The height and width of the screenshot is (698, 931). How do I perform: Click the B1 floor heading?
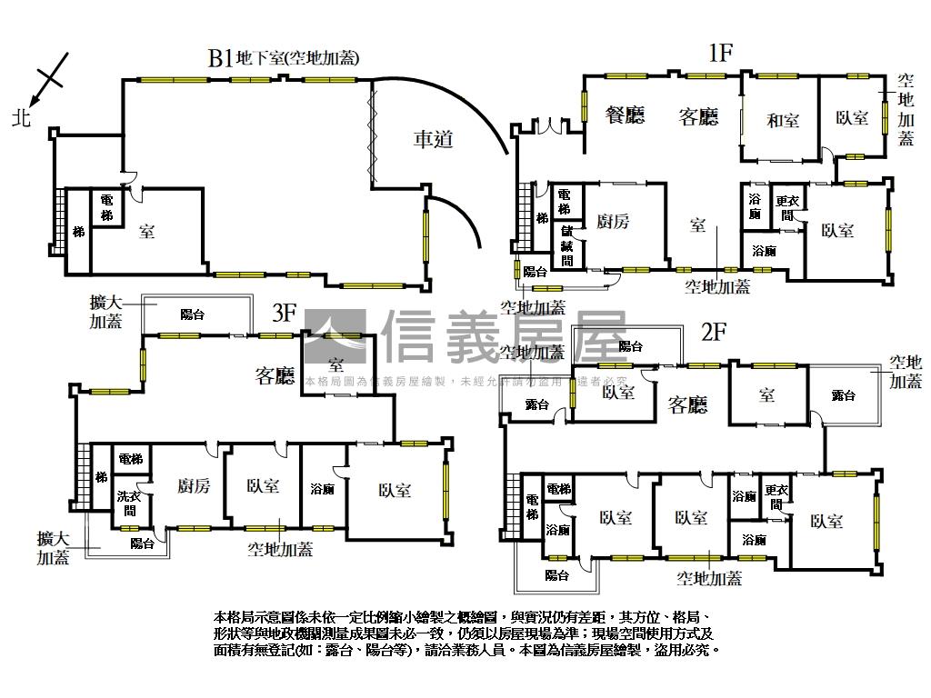[220, 58]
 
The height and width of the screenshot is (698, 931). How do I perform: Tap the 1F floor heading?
[720, 53]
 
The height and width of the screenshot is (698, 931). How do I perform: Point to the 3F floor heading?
[285, 314]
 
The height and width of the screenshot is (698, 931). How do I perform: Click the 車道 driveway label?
[433, 139]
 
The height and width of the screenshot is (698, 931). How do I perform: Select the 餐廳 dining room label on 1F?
[625, 115]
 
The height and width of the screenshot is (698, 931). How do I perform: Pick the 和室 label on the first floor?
[782, 120]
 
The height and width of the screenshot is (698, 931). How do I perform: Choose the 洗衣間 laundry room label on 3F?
[127, 504]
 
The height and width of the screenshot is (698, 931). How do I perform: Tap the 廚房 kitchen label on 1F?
[613, 221]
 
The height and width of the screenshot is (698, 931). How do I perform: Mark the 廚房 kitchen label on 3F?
[194, 486]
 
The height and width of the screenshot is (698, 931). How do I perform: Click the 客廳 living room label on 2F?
[687, 405]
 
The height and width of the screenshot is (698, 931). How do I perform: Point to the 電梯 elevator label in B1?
[106, 208]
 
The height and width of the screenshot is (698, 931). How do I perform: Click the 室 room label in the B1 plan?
[146, 232]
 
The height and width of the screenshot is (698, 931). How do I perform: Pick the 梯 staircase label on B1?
[78, 232]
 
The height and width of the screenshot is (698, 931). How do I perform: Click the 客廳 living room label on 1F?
[698, 116]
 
